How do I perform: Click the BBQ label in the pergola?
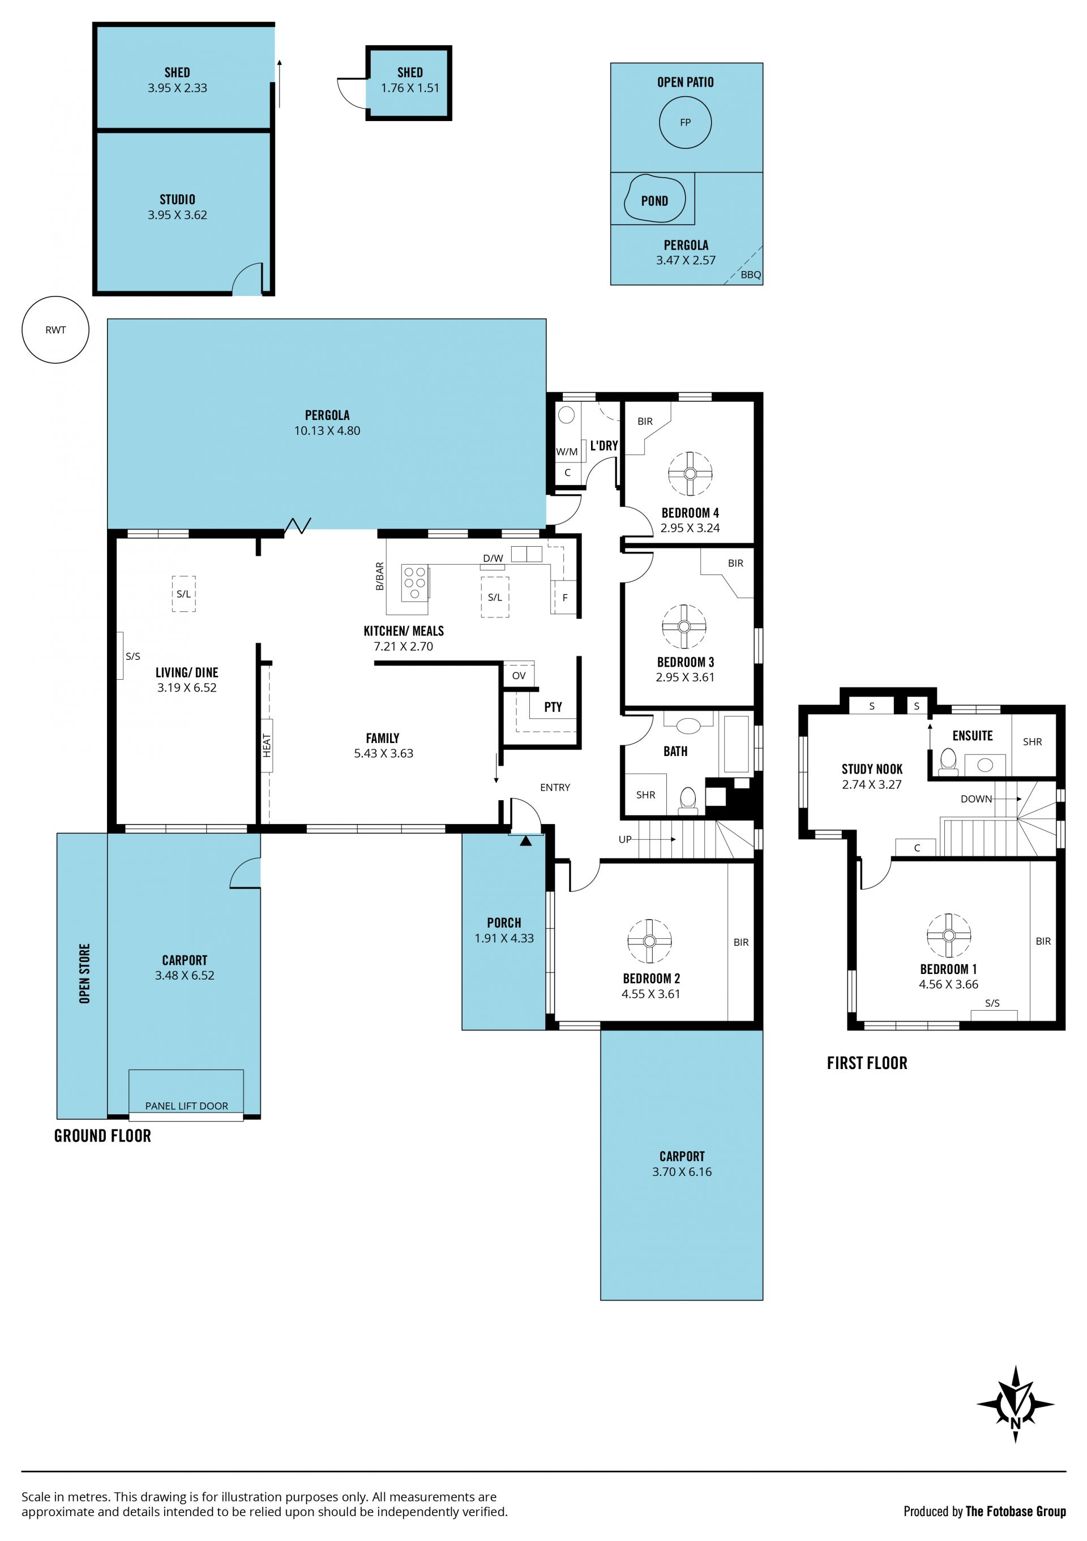(x=751, y=274)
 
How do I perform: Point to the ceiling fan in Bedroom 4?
(x=690, y=473)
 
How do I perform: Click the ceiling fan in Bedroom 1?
(x=948, y=935)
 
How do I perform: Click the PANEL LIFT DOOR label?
(x=187, y=1105)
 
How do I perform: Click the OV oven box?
(x=519, y=675)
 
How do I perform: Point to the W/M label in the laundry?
(x=567, y=452)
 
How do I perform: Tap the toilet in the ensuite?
(x=948, y=762)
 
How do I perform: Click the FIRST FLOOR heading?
(x=867, y=1063)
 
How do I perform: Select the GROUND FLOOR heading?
(x=102, y=1136)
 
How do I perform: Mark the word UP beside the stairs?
(x=625, y=839)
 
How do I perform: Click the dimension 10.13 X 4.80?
(x=327, y=431)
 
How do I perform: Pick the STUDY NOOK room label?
(x=872, y=769)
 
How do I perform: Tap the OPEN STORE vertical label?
(x=84, y=974)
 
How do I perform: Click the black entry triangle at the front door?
(x=526, y=840)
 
